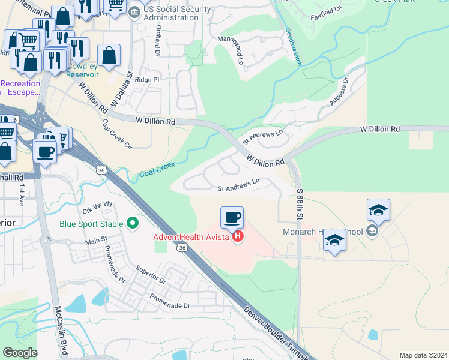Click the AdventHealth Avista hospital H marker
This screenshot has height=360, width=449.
click(x=238, y=236)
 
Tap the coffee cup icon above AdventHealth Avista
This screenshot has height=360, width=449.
click(x=232, y=217)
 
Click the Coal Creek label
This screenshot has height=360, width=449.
click(x=157, y=169)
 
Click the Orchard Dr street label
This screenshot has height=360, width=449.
click(x=158, y=40)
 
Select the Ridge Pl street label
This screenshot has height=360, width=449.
click(x=147, y=80)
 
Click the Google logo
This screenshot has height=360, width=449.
click(x=20, y=352)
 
